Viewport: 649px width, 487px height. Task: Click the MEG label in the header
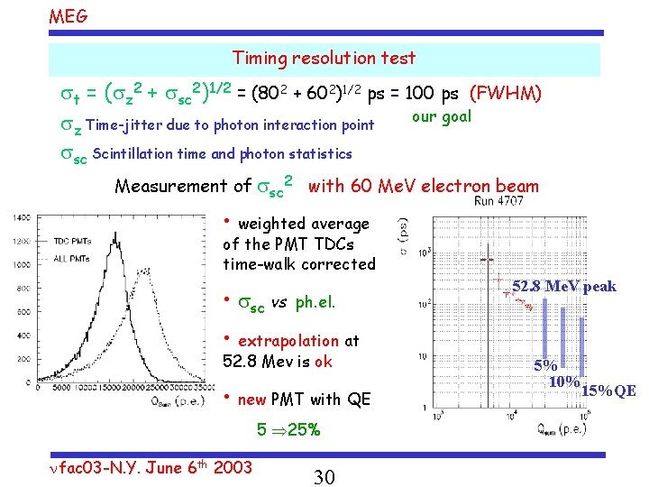68,15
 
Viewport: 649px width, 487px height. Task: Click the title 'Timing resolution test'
324,59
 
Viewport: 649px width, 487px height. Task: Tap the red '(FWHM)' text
507,93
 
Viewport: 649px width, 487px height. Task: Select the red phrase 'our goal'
441,116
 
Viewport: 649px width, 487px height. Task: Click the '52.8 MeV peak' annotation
564,287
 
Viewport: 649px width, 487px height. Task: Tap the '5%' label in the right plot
545,366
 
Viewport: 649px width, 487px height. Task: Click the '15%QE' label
608,391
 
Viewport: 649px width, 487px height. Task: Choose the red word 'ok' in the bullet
324,362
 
